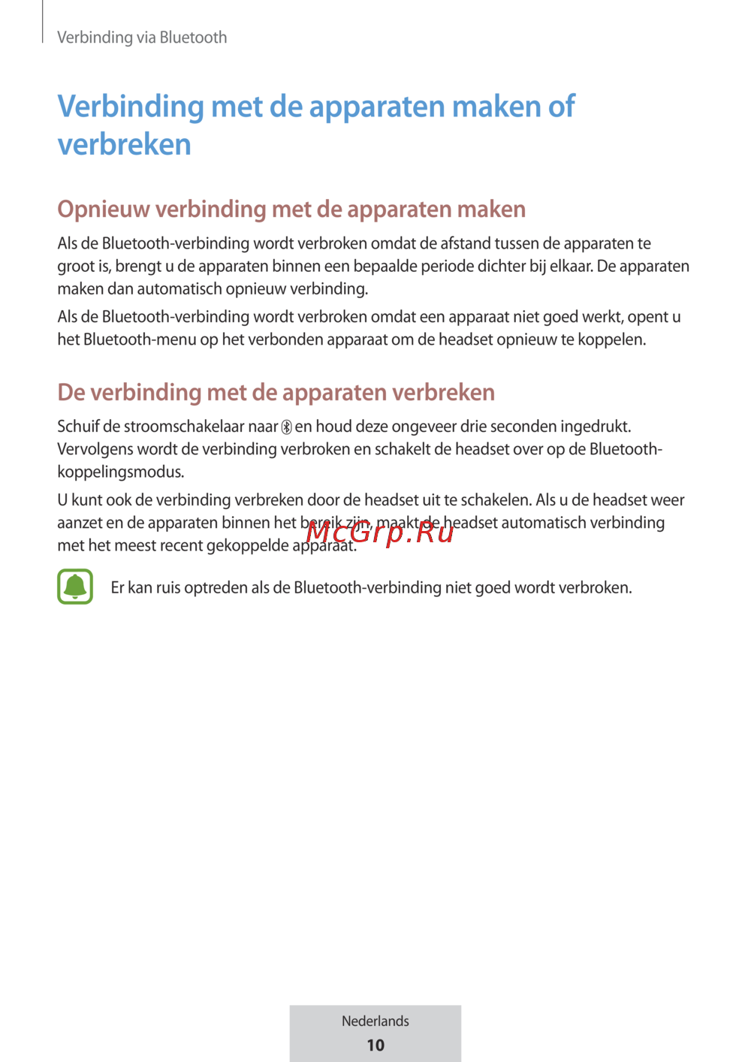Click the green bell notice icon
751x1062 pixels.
coord(75,587)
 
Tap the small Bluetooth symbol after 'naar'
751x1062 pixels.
coord(286,427)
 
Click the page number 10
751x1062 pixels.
coord(375,1045)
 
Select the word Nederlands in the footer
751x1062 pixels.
coord(375,1021)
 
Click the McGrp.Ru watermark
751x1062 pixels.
coord(380,532)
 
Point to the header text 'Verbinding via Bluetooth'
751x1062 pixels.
coord(142,38)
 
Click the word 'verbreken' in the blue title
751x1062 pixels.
coord(125,144)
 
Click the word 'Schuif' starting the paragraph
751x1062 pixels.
coord(78,427)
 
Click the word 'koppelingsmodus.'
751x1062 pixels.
coord(121,472)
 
